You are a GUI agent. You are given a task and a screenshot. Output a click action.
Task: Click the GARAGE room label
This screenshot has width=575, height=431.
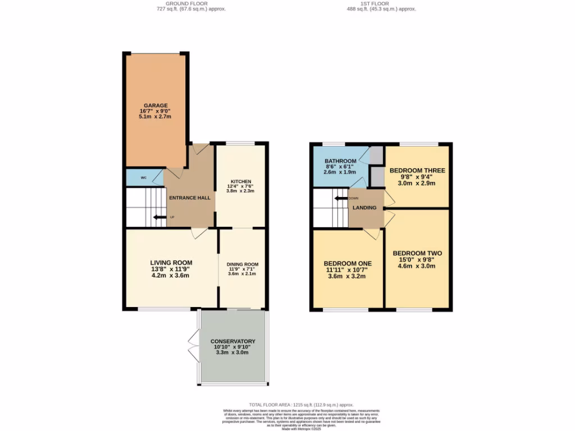coord(156,105)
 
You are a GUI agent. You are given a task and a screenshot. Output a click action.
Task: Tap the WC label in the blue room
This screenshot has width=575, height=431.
coord(144,178)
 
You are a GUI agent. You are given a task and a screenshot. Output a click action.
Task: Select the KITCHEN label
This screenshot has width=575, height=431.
coord(240,181)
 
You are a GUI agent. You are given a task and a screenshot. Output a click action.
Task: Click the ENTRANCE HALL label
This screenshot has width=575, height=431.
coord(190,198)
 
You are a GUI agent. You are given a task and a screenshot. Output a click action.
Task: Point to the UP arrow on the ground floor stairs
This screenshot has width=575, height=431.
coord(160,218)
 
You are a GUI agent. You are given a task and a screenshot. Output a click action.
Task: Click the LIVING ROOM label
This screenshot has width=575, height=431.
coord(171,262)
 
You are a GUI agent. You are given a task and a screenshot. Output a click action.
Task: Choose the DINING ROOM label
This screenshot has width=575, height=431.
coord(243,264)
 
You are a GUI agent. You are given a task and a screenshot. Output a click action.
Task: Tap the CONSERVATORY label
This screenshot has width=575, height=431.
coord(233,341)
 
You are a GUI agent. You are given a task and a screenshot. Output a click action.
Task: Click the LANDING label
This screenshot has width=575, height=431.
coord(364,208)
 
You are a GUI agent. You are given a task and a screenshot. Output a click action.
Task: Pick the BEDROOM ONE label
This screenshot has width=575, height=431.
coord(348,263)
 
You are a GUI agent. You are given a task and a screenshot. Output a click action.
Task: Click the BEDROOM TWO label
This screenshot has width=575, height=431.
coord(417,253)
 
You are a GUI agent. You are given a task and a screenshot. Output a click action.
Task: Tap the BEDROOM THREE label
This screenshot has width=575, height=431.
coord(417,171)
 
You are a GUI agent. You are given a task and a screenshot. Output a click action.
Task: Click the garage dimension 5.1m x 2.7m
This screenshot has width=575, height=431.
coord(156,117)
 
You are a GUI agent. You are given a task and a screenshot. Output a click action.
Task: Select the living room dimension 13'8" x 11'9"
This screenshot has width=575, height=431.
coord(171,269)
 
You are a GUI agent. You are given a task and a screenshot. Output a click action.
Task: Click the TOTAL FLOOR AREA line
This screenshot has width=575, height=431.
coord(302,405)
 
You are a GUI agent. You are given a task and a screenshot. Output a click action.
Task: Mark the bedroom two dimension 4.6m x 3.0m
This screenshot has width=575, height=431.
coord(417,266)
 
